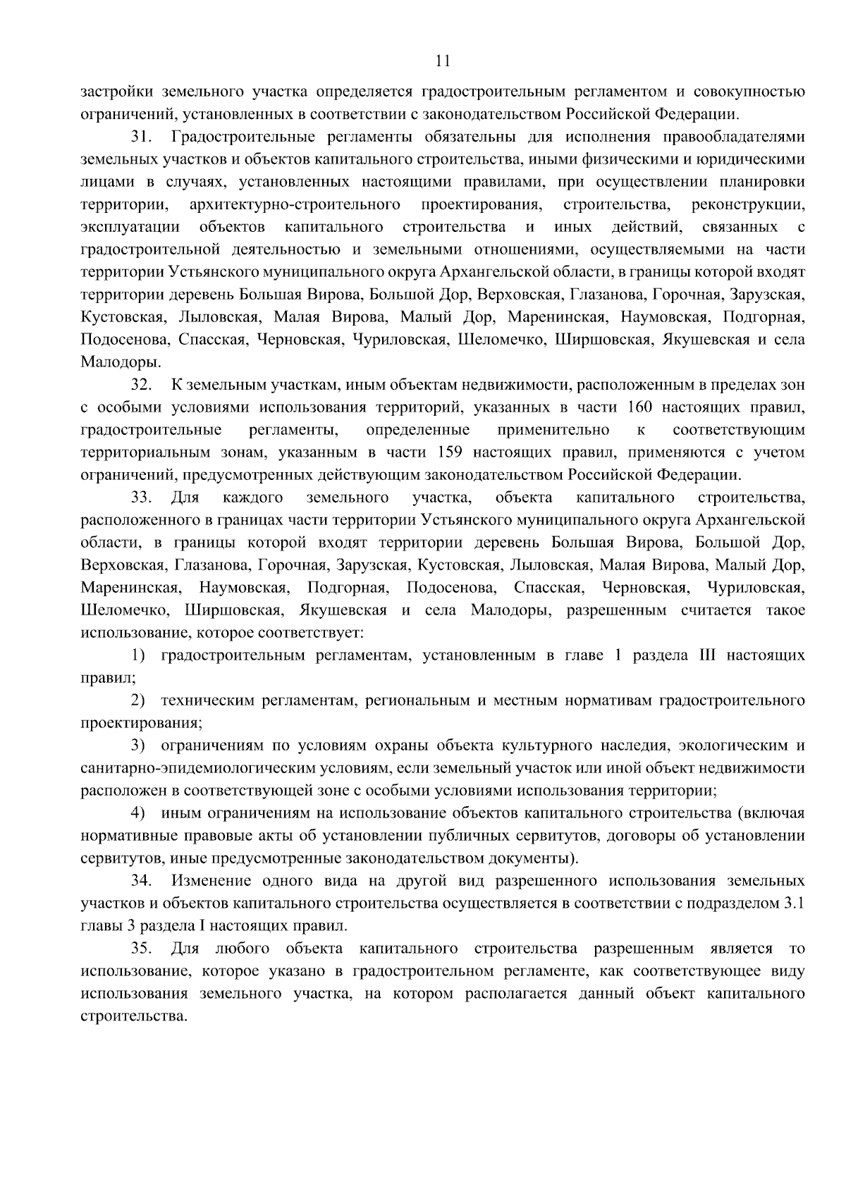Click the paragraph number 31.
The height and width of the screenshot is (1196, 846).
tap(140, 136)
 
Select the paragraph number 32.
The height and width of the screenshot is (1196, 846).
tap(140, 385)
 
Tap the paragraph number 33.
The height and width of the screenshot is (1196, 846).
tap(140, 498)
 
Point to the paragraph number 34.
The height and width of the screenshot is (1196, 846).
tap(140, 881)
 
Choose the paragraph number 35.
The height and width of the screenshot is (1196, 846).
tap(140, 949)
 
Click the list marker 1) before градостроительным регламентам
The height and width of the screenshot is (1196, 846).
tap(138, 655)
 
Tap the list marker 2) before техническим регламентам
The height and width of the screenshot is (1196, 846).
tap(138, 701)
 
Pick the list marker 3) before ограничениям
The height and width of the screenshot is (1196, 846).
tap(138, 746)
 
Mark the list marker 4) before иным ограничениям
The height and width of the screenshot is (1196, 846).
tap(138, 813)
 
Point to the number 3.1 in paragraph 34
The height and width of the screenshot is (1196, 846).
tap(794, 904)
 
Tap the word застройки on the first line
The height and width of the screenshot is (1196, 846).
tap(115, 92)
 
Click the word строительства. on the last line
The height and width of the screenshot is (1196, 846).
tap(134, 1016)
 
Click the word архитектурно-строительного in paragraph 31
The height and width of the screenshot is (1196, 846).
tap(294, 204)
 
